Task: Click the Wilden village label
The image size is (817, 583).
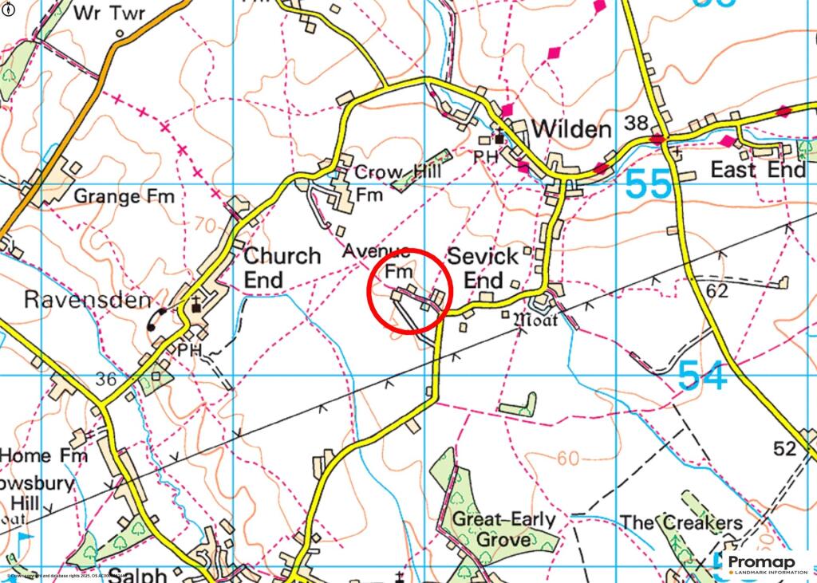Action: [571, 129]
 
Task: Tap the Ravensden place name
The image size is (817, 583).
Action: [87, 301]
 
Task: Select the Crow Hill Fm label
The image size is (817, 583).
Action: [386, 183]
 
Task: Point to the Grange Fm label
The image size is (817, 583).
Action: [124, 195]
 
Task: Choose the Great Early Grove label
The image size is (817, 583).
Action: [504, 530]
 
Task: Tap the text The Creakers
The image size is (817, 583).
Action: [681, 523]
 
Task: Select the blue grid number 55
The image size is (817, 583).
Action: [649, 185]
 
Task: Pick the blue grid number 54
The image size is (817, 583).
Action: [703, 376]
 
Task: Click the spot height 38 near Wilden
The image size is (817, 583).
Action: [636, 123]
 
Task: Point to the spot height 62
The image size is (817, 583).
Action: [717, 291]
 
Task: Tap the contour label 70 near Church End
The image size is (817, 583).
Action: [204, 226]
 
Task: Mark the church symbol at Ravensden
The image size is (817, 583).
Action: [195, 307]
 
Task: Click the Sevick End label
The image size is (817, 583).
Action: [483, 269]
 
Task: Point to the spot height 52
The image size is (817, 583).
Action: [785, 449]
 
